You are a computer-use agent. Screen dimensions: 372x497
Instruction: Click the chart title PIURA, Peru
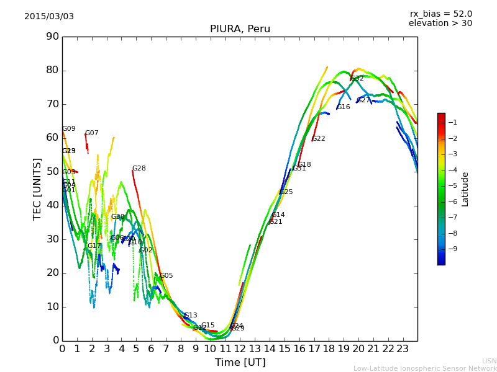(x=240, y=29)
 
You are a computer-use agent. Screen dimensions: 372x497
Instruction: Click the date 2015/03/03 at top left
(x=49, y=16)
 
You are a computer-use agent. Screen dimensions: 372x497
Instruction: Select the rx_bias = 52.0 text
(x=440, y=14)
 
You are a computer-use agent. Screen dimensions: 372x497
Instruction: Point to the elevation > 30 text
(x=440, y=24)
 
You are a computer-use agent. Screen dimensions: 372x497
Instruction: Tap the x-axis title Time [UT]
(x=240, y=363)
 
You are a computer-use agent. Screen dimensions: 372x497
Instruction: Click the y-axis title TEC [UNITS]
(x=37, y=188)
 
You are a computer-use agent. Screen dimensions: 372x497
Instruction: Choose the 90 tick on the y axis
(x=52, y=37)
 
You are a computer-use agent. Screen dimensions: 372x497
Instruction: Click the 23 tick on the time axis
(x=403, y=349)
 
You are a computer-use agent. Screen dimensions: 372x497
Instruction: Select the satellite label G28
(x=139, y=169)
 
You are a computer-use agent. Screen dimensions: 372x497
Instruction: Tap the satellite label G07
(x=91, y=133)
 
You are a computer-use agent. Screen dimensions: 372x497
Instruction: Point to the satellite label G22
(x=319, y=139)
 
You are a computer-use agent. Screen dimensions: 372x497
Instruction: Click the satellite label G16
(x=344, y=107)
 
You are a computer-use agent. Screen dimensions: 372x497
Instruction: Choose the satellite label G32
(x=357, y=79)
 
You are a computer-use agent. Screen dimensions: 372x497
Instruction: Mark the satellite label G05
(x=166, y=276)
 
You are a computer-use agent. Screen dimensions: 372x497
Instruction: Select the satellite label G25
(x=286, y=192)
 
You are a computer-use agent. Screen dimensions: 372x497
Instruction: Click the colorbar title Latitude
(x=465, y=189)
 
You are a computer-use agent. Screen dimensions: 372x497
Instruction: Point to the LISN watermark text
(x=490, y=361)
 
